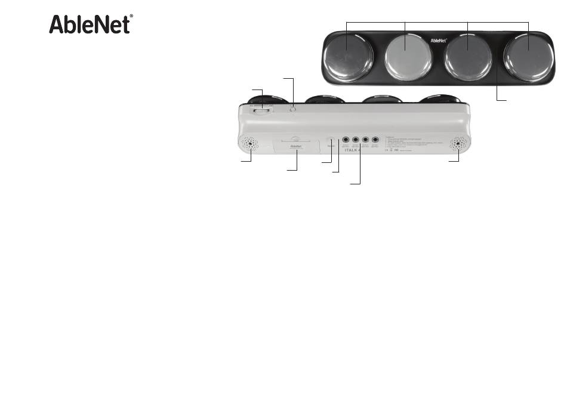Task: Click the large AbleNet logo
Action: [90, 24]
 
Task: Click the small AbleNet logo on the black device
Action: [439, 41]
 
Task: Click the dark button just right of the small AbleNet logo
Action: [467, 57]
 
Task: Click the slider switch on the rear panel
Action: [260, 110]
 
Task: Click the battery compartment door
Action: [295, 146]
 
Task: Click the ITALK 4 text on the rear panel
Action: [353, 152]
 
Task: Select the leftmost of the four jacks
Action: [345, 141]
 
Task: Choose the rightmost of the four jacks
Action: [375, 141]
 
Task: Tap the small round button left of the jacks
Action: [331, 143]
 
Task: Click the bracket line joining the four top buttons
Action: [437, 22]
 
